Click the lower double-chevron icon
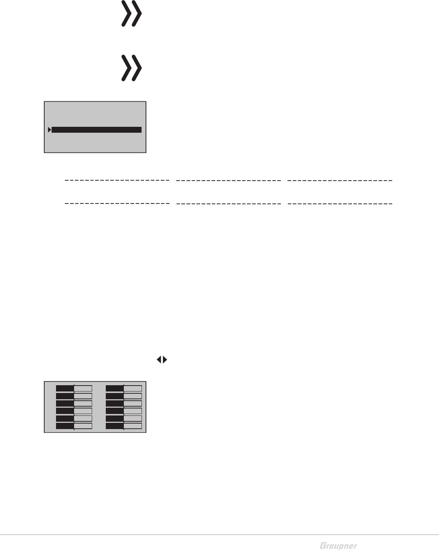click(132, 68)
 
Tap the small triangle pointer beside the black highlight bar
click(49, 130)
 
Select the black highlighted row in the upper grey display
click(97, 130)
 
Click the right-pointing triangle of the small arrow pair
click(165, 360)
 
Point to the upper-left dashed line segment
click(117, 181)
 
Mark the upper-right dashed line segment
click(339, 181)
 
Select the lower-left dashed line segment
click(117, 203)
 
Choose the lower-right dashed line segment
click(339, 203)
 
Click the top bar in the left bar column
click(74, 388)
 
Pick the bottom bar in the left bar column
click(74, 426)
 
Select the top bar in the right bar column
click(123, 388)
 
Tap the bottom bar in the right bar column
click(123, 426)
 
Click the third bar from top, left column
click(74, 403)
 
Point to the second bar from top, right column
click(123, 396)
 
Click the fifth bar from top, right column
click(123, 418)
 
